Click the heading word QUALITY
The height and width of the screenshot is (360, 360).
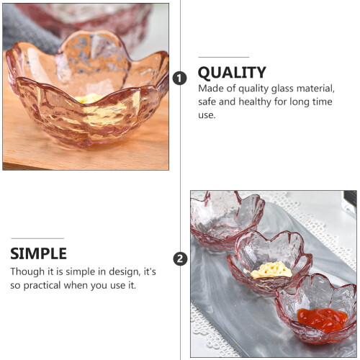[x=232, y=72]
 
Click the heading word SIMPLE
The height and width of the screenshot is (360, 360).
[x=38, y=253]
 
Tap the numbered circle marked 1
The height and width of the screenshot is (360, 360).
[x=179, y=78]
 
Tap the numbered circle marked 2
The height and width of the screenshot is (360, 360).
[x=180, y=258]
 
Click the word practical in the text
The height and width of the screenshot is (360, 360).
[x=42, y=285]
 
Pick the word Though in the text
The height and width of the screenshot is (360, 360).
[x=27, y=272]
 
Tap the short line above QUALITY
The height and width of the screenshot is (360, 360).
[x=224, y=58]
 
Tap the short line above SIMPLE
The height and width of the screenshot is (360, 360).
[x=37, y=238]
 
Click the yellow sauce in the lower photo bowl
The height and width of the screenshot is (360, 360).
[x=269, y=270]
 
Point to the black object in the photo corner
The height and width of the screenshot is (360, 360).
[x=350, y=200]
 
